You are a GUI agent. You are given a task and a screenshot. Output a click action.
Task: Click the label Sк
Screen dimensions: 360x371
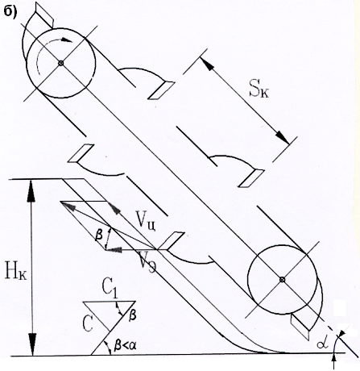pos(259,91)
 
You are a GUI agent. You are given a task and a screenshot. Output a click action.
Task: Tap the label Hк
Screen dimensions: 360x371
pos(15,273)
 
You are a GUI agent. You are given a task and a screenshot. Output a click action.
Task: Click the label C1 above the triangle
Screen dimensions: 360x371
pos(110,290)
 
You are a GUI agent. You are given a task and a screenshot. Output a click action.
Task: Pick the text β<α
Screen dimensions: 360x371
pos(125,345)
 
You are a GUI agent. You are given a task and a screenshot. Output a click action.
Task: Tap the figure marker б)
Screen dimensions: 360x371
pos(10,12)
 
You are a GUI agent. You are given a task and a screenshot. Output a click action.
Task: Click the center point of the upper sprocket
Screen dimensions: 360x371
pos(61,63)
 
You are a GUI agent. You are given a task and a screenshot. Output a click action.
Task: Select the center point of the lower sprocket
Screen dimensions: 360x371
pos(282,280)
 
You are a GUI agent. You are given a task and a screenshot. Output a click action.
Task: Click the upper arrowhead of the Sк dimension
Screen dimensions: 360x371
pos(207,64)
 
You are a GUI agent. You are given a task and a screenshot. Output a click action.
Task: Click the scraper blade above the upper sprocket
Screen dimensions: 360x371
pos(44,15)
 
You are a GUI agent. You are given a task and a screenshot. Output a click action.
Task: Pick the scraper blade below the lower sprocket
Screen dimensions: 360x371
pos(300,326)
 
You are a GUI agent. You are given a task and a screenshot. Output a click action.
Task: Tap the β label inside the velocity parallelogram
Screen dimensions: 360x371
pos(99,236)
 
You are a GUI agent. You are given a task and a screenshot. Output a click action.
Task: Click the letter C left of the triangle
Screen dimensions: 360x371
pos(88,323)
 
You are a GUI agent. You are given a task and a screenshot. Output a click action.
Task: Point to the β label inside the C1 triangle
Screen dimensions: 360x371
pos(132,315)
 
